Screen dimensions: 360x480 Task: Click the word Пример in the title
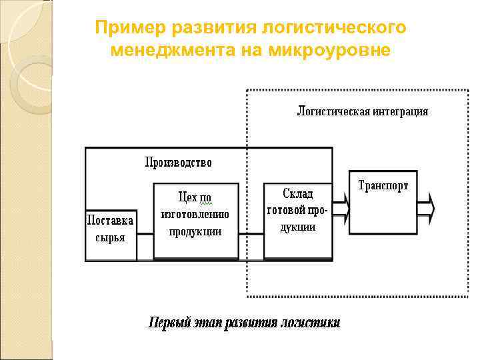click(x=131, y=28)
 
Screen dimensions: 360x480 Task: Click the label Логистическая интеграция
click(x=363, y=111)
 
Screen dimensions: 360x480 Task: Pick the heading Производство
click(x=179, y=162)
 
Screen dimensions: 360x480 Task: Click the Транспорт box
click(x=383, y=201)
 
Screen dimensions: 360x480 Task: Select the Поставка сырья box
click(x=111, y=235)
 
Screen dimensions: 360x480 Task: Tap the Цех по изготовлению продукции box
click(x=196, y=221)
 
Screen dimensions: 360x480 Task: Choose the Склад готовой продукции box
click(x=297, y=220)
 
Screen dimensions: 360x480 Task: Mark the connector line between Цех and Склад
click(x=251, y=234)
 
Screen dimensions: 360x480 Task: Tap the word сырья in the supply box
click(x=111, y=237)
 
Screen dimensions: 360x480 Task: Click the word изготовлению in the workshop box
click(x=195, y=214)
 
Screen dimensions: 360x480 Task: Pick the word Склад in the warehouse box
click(x=298, y=193)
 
